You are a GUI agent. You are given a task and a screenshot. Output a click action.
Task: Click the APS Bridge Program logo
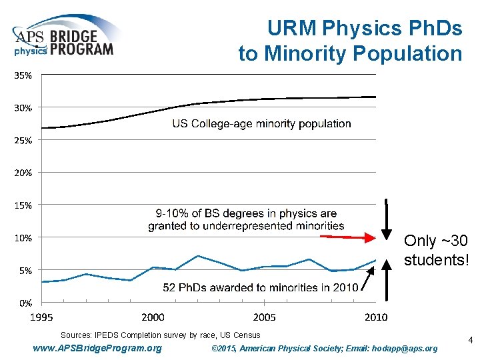click(64, 39)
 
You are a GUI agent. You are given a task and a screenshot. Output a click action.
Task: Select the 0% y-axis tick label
click(25, 302)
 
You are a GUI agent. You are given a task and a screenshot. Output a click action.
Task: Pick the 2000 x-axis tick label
click(153, 317)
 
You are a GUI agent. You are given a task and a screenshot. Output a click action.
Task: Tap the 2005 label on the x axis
click(264, 317)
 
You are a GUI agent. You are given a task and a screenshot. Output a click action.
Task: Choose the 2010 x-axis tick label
click(375, 317)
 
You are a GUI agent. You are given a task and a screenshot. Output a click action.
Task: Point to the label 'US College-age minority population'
click(261, 123)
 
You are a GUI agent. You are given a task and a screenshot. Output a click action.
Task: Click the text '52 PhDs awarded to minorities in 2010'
click(261, 287)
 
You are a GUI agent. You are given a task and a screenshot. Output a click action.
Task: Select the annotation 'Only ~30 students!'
click(436, 250)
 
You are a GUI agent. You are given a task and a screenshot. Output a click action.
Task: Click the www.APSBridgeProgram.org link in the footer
click(97, 348)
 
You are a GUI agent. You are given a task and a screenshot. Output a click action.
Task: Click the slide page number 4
click(470, 341)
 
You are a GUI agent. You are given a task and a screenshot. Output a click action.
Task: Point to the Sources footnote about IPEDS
click(160, 335)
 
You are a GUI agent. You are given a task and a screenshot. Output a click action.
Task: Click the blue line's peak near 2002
click(198, 255)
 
